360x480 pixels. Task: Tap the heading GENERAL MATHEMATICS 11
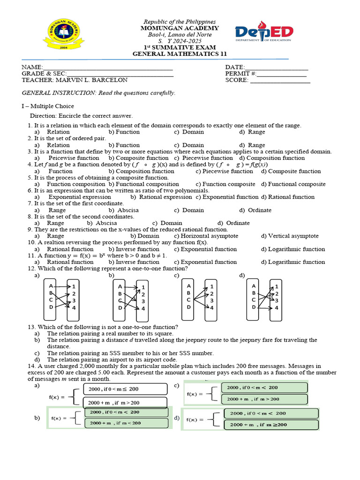[x=180, y=54]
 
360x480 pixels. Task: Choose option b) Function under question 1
[x=124, y=132]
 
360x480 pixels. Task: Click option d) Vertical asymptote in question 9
[x=290, y=236]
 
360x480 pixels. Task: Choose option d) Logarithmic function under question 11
[x=293, y=262]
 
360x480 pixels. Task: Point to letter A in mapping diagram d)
[x=254, y=286]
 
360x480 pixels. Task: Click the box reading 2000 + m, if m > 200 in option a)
[x=125, y=403]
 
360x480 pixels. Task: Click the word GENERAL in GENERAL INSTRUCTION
[x=37, y=93]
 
